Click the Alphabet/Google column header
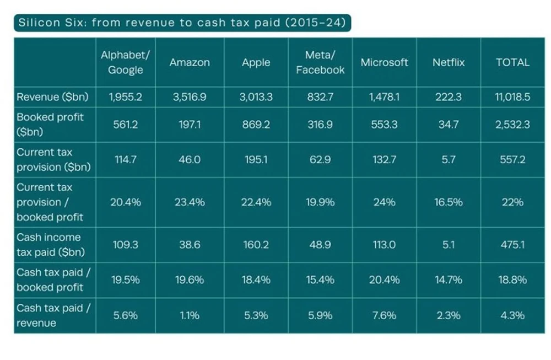126,62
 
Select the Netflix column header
448,62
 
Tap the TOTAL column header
512,62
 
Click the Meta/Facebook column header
320,62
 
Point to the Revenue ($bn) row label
52,97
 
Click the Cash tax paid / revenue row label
50,315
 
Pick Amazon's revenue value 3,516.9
190,97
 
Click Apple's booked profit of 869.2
256,125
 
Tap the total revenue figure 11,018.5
512,97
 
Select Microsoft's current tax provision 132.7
384,160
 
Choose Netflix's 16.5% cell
448,202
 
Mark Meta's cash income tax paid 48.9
320,244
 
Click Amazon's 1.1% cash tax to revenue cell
190,316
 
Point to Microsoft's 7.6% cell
384,316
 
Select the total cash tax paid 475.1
512,244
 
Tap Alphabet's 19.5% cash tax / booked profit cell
126,280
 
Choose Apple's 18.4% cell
256,280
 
